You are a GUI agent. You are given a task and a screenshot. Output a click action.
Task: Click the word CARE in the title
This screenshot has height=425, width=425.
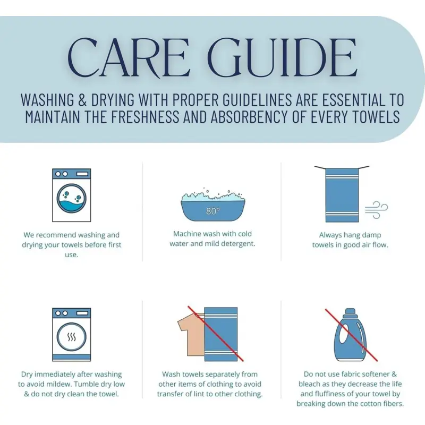[129, 58]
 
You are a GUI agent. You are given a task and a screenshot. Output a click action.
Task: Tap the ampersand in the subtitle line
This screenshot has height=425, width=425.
[82, 99]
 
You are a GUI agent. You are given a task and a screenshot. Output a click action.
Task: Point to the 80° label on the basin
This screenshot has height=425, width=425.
[213, 211]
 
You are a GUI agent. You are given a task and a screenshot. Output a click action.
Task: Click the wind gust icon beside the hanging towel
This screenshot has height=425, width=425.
[376, 209]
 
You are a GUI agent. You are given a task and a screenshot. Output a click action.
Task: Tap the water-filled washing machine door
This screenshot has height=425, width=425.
[72, 198]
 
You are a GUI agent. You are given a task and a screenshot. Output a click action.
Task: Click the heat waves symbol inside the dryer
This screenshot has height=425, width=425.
[72, 337]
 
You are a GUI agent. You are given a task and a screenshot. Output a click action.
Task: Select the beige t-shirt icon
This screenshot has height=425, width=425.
[191, 334]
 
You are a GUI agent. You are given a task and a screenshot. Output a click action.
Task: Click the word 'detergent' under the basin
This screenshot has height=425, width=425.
[238, 244]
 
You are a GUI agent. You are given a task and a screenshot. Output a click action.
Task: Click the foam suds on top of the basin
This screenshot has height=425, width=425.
[213, 195]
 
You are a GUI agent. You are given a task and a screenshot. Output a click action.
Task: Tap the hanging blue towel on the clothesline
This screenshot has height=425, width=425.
[342, 195]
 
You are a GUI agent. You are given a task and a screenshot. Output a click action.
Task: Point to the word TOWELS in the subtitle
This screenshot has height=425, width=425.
[379, 116]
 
